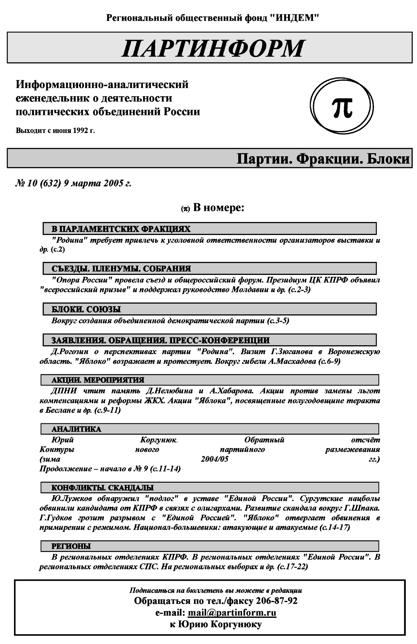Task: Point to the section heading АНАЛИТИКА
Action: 76,429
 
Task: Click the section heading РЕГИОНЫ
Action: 71,546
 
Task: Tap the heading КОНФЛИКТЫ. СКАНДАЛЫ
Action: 102,488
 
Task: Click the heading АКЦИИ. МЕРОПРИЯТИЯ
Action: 98,380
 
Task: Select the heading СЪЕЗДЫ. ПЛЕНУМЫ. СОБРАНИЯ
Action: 121,268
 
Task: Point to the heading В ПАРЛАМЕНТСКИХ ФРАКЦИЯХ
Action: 121,229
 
